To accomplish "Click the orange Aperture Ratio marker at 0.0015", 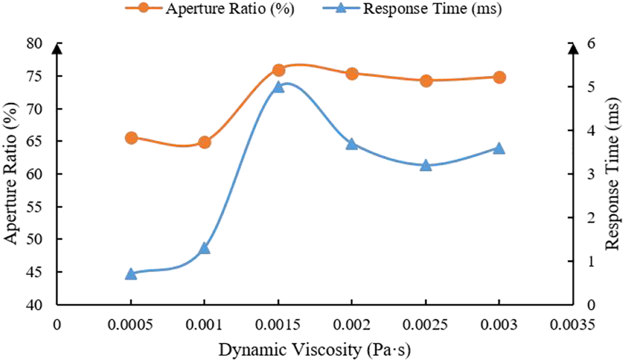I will click(278, 70).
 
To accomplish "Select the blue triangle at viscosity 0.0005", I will click(131, 274).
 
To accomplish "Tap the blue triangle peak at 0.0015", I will click(278, 86).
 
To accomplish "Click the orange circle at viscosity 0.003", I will click(499, 77).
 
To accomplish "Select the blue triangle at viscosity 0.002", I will click(352, 144).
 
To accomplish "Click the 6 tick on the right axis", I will click(590, 44).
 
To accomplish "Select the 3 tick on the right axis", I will click(590, 174).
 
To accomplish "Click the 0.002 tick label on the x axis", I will click(352, 324).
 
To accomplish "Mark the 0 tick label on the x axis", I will click(57, 324).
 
